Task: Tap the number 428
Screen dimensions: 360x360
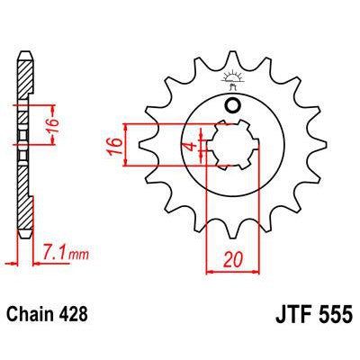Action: [x=76, y=318]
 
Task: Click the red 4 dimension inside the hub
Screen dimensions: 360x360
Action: [x=188, y=146]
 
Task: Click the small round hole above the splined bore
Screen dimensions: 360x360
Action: [x=232, y=107]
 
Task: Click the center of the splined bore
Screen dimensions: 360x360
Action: [x=231, y=146]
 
